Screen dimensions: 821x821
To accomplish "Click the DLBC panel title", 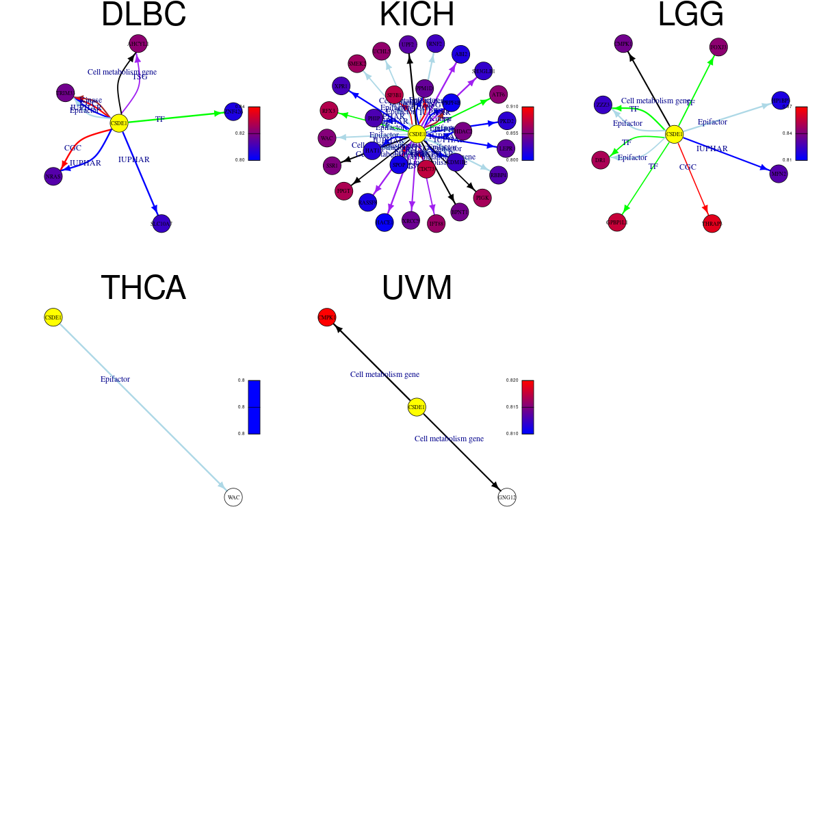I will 144,15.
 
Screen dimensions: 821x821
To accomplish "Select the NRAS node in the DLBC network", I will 53,177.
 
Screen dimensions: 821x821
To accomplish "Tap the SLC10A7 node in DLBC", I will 161,224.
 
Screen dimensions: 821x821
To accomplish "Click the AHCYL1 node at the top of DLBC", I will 138,44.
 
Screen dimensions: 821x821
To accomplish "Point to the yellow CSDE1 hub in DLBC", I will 119,124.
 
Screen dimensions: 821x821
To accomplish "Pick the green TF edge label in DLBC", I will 160,119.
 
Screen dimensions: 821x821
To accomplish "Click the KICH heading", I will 417,15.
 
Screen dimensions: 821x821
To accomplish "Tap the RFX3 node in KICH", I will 329,111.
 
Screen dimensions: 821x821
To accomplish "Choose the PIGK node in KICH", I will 482,198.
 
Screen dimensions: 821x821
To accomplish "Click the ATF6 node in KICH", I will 499,94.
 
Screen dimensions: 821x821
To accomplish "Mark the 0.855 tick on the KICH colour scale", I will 512,133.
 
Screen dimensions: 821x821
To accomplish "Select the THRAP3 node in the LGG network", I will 712,224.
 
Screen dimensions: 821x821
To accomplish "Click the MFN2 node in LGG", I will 779,174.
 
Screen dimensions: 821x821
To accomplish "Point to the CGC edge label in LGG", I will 688,167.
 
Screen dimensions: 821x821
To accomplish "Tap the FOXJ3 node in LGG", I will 718,47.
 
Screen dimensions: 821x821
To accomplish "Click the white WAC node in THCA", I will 233,497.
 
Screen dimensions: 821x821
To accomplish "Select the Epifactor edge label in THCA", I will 115,379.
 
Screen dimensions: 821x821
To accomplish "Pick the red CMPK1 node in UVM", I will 327,317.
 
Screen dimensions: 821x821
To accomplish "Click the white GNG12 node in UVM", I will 507,497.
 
